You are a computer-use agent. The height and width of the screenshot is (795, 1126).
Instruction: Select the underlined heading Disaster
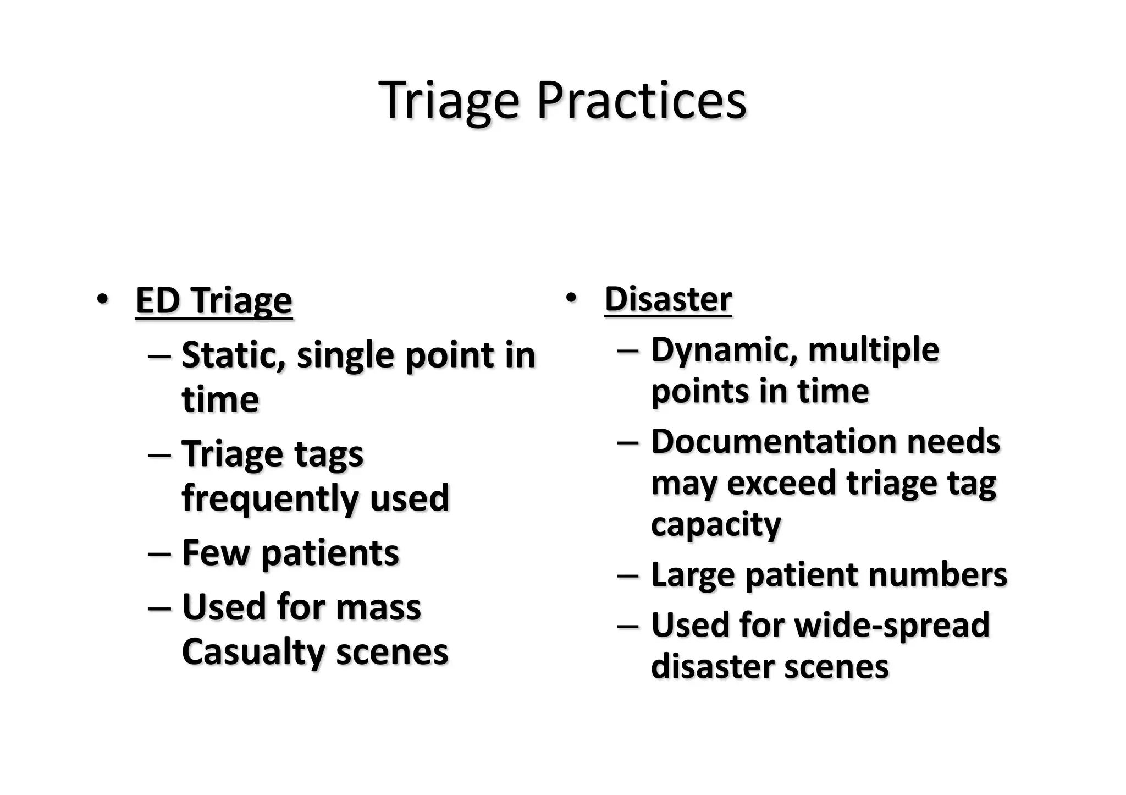click(x=668, y=299)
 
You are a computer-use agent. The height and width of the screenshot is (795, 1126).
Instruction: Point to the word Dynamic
click(x=724, y=350)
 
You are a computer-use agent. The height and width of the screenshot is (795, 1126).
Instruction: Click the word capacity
click(x=716, y=524)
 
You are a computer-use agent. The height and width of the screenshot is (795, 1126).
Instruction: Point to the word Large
click(x=692, y=575)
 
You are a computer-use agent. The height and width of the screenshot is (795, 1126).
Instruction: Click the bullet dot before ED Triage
click(x=102, y=300)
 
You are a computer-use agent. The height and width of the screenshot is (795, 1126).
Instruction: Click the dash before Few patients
click(x=159, y=553)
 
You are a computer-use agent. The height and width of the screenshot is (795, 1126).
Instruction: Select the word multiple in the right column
click(x=874, y=350)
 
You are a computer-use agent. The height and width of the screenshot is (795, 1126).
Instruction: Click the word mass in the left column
click(x=378, y=607)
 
